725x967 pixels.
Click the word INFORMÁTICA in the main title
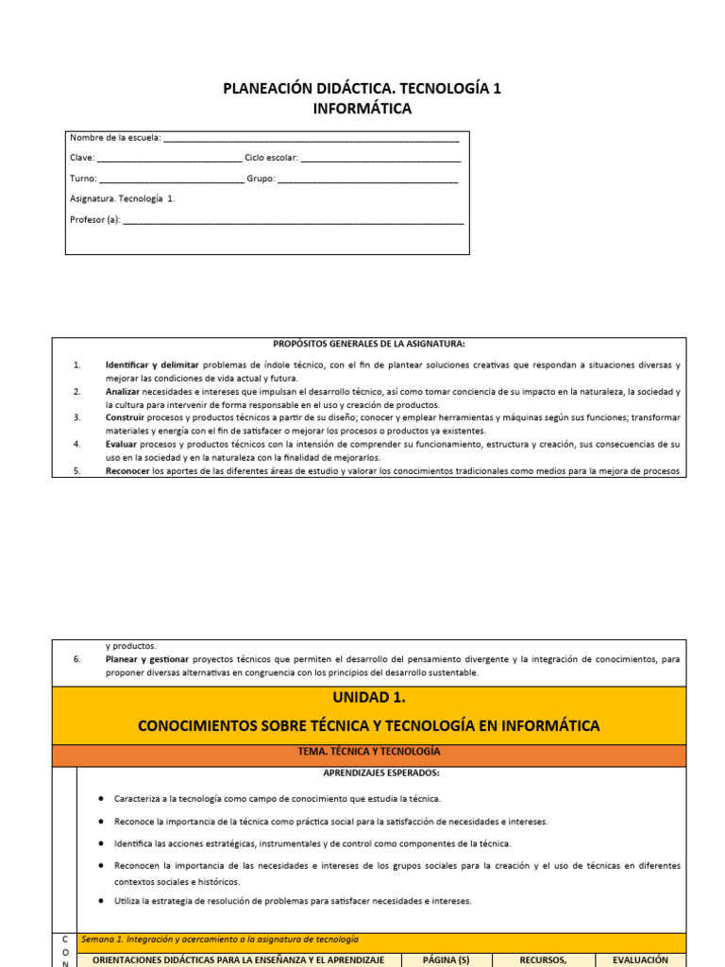[362, 109]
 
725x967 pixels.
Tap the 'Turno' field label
[82, 178]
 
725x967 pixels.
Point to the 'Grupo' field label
[261, 178]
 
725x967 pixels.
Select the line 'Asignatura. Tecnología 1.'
[123, 199]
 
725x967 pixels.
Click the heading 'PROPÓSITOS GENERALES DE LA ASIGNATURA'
[369, 344]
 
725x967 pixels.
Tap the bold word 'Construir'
[125, 417]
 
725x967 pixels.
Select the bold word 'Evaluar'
[122, 444]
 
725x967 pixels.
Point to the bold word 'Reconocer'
[127, 470]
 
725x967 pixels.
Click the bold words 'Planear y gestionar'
[147, 659]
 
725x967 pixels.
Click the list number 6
[77, 659]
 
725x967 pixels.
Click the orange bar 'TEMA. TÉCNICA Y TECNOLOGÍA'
[368, 751]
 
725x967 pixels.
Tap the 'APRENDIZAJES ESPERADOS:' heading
[368, 772]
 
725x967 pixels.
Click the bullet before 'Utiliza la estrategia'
[101, 901]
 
